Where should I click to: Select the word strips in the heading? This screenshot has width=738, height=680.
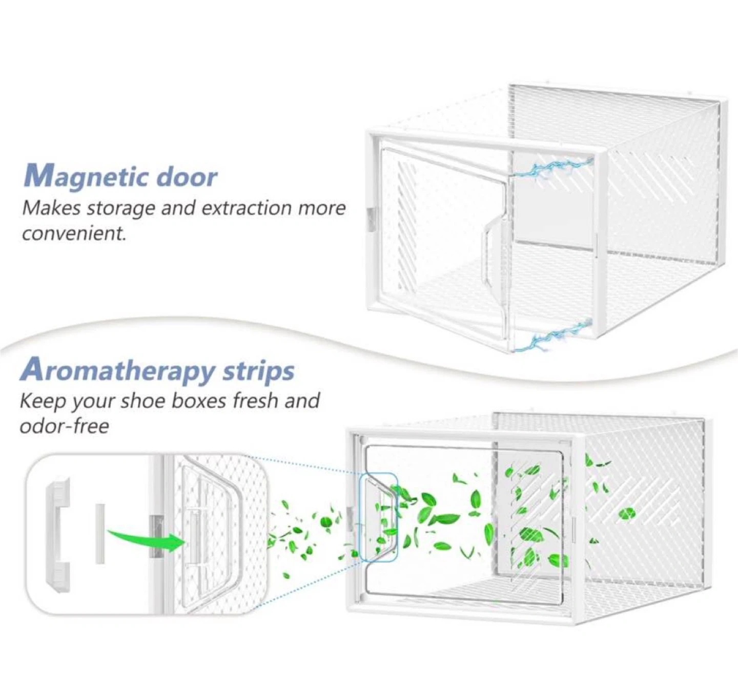click(x=258, y=371)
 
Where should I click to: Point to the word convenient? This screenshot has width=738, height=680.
click(x=74, y=233)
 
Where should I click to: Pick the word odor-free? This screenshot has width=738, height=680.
click(x=64, y=426)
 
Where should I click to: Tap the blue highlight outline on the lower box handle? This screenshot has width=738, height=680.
click(x=379, y=516)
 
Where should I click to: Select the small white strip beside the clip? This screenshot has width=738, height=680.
click(x=99, y=533)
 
